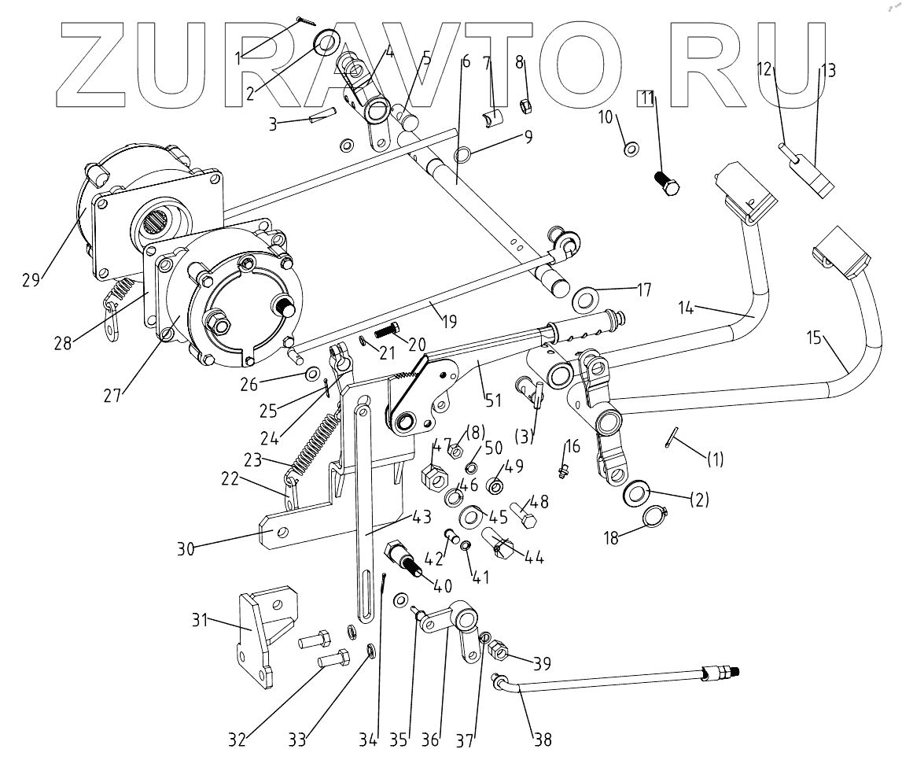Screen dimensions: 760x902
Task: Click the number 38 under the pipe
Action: click(542, 739)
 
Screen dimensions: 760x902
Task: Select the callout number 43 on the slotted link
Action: click(422, 517)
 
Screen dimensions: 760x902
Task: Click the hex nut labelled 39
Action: click(499, 652)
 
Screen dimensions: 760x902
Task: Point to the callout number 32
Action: click(238, 739)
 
